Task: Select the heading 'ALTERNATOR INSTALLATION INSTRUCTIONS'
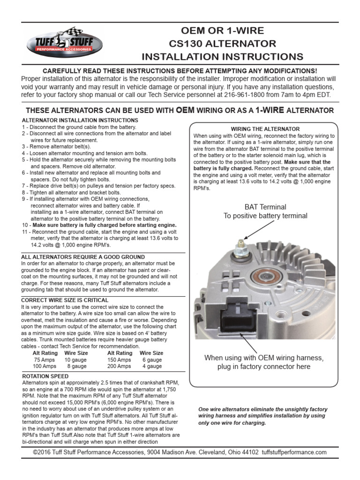[80, 120]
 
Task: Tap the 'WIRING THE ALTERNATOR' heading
[265, 129]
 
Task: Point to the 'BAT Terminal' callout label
[265, 207]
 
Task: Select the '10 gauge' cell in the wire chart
[76, 360]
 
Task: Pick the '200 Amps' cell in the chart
[120, 366]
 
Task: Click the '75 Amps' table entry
[45, 360]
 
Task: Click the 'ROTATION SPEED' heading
[45, 376]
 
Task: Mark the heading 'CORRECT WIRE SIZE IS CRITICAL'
[65, 300]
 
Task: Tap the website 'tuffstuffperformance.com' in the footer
[294, 452]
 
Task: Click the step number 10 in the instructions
[25, 225]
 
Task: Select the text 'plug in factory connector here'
[264, 367]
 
